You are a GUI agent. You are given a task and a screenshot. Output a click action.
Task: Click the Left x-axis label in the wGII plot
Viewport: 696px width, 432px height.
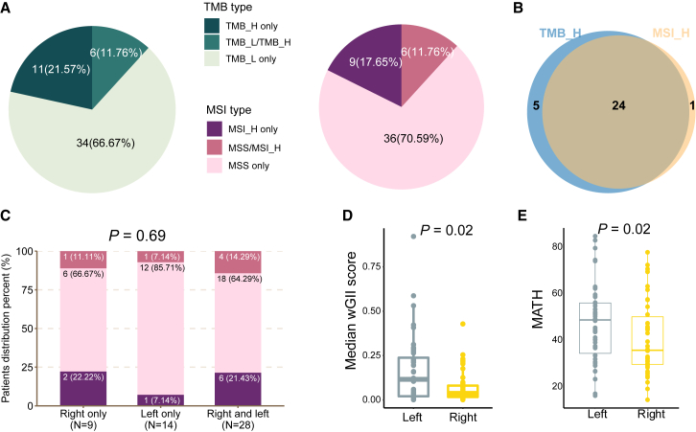(413, 416)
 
